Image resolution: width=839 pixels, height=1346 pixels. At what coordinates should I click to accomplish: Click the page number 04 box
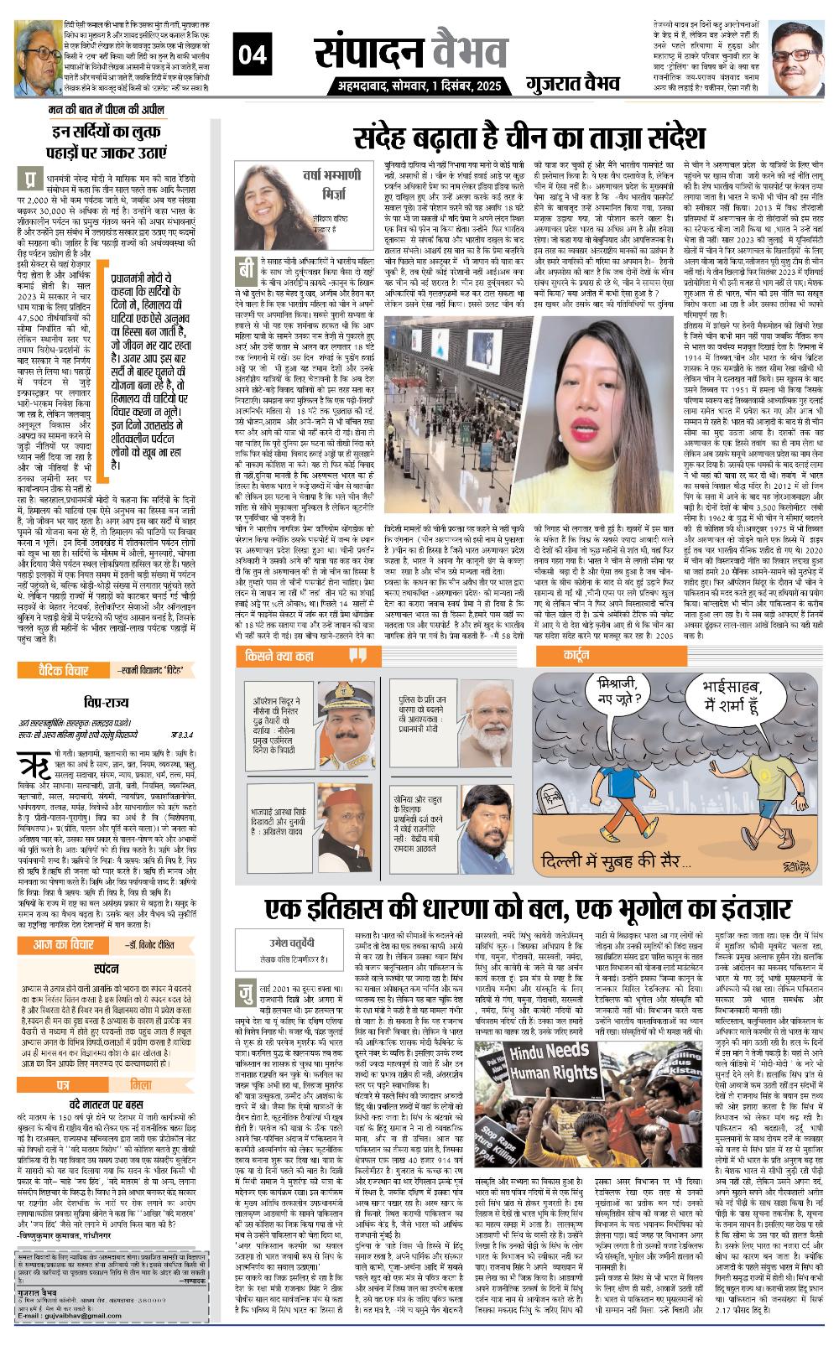pos(253,55)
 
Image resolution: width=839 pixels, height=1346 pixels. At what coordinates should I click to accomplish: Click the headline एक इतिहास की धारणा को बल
pos(529,908)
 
